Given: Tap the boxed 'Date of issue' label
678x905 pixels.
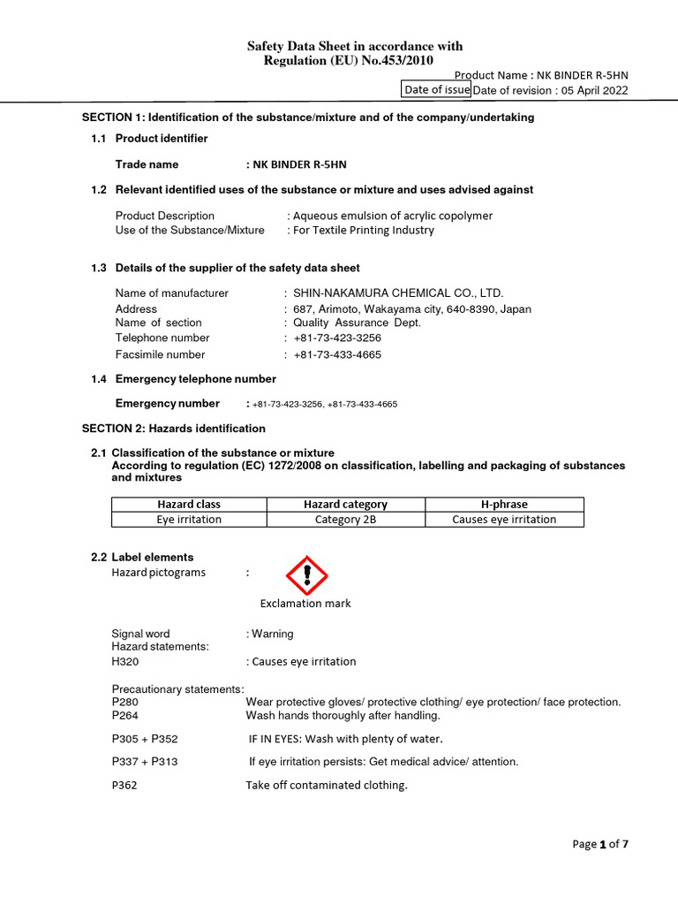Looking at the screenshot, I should click(436, 89).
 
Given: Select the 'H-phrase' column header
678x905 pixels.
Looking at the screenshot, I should click(504, 504).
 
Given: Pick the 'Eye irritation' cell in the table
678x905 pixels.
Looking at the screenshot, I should click(189, 520).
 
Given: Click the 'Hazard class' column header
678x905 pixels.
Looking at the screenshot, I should click(189, 504).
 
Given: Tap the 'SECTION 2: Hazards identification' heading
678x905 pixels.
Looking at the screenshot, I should click(174, 429).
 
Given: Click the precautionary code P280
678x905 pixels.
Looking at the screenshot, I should click(125, 702).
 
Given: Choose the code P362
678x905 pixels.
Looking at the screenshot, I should click(125, 785).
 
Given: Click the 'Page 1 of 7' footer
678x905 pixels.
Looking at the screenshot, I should click(600, 844).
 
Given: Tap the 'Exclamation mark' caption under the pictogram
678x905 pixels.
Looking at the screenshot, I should click(305, 604).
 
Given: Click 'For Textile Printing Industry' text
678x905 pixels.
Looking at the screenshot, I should click(364, 230).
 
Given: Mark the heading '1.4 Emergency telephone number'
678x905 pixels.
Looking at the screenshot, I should click(184, 379).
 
